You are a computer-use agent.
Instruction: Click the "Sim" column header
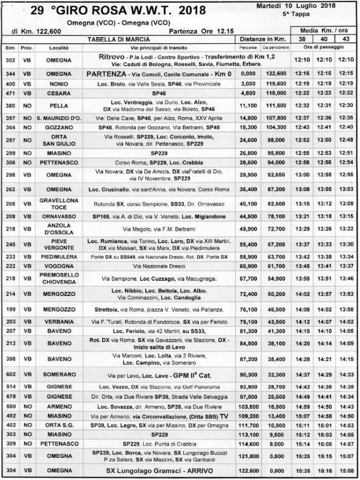click(9, 48)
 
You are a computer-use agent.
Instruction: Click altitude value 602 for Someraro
click(9, 375)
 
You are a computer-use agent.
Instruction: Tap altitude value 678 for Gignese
click(9, 397)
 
